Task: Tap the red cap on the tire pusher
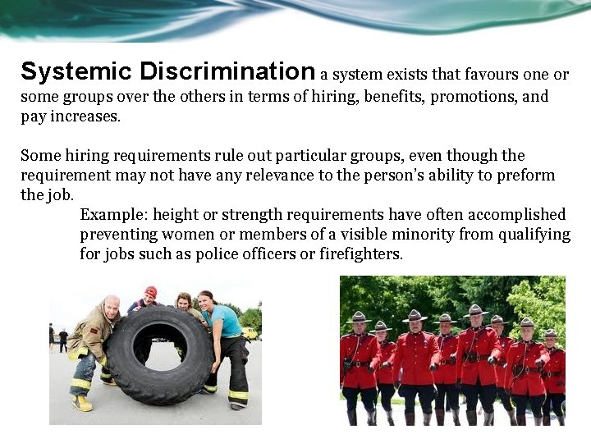[151, 291]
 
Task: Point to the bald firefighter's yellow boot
[82, 403]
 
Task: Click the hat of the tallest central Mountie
[475, 310]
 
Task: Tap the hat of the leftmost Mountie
[358, 317]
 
